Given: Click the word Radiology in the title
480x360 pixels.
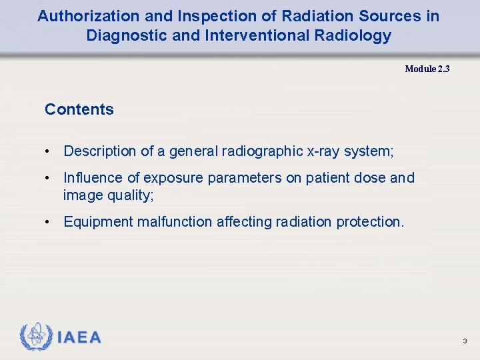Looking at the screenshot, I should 355,36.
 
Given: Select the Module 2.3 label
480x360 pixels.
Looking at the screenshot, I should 427,69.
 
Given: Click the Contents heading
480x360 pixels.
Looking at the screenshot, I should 79,109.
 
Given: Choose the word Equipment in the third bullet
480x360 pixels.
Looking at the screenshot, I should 97,222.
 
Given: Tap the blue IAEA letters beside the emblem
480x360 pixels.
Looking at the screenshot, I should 79,338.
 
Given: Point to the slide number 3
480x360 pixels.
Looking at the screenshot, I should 465,341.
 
